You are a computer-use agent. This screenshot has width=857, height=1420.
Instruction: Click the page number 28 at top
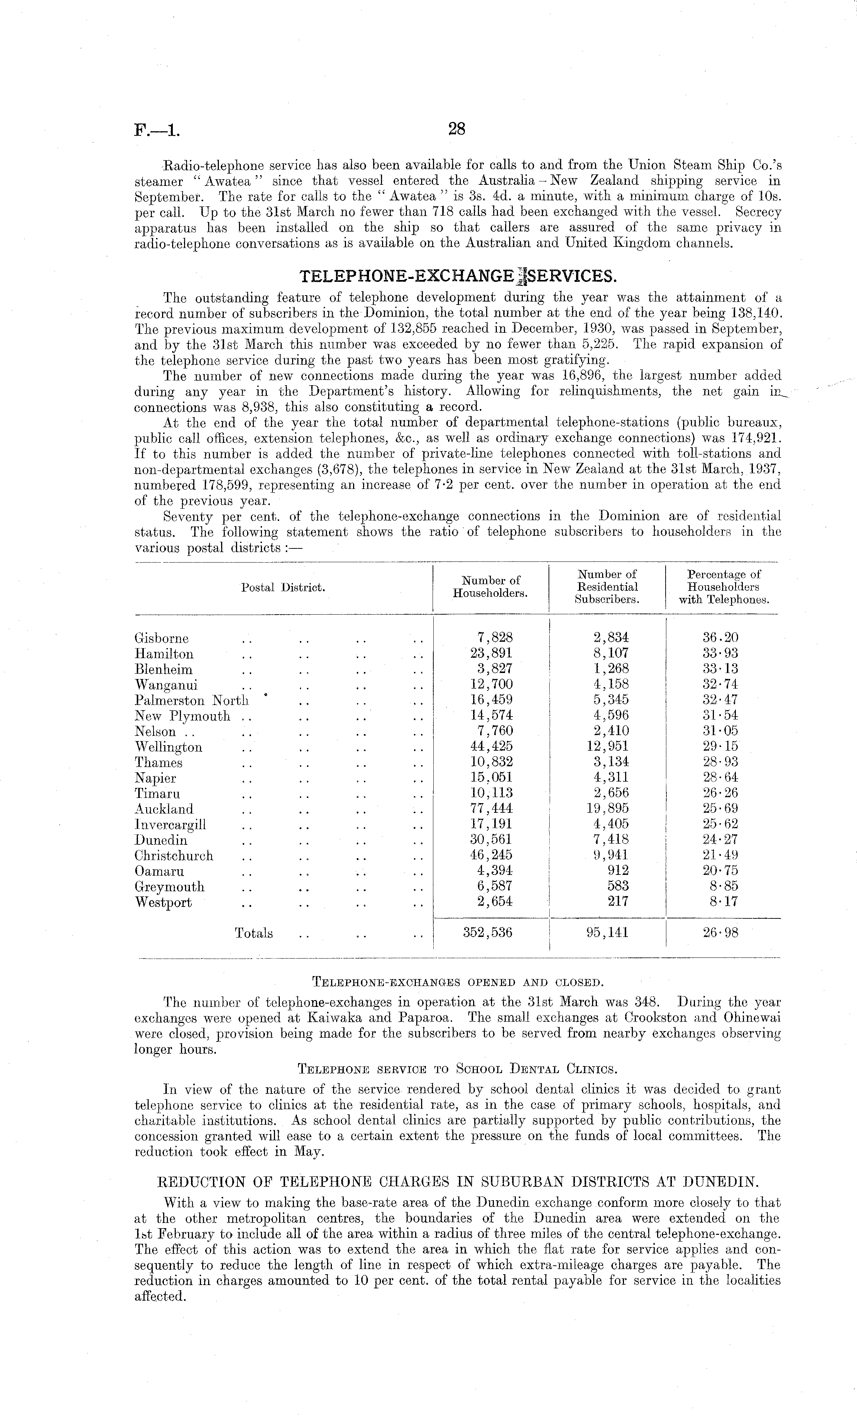(x=456, y=129)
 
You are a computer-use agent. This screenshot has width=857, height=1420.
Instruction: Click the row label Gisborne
(x=161, y=638)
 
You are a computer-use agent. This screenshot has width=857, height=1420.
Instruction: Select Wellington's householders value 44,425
(x=491, y=747)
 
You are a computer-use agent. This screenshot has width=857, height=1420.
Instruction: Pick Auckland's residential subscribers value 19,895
(x=607, y=809)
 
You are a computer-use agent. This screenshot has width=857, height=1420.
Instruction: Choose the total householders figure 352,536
(x=487, y=932)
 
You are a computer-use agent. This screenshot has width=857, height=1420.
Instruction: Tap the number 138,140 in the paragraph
(x=756, y=313)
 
